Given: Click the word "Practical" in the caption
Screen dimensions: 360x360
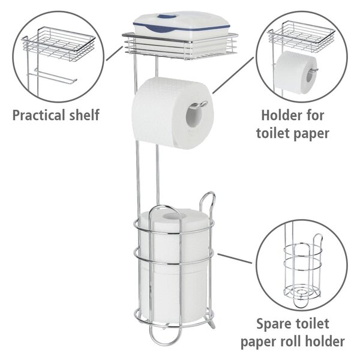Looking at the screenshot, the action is coord(39,115).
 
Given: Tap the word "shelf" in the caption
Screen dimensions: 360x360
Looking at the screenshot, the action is coord(85,115).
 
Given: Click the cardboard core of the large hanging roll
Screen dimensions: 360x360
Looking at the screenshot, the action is coord(194,116).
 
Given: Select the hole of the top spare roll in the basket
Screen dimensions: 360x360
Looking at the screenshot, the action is coord(170,216).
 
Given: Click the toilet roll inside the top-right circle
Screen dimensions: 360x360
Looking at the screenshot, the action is coord(296,73).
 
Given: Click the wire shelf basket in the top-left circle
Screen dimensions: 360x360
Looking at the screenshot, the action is coord(59,44).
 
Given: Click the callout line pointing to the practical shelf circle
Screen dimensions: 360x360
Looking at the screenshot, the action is coord(115,53).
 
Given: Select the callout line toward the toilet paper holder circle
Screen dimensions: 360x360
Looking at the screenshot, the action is coord(233,75).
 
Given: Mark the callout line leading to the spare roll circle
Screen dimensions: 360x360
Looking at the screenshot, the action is coord(235,259).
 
